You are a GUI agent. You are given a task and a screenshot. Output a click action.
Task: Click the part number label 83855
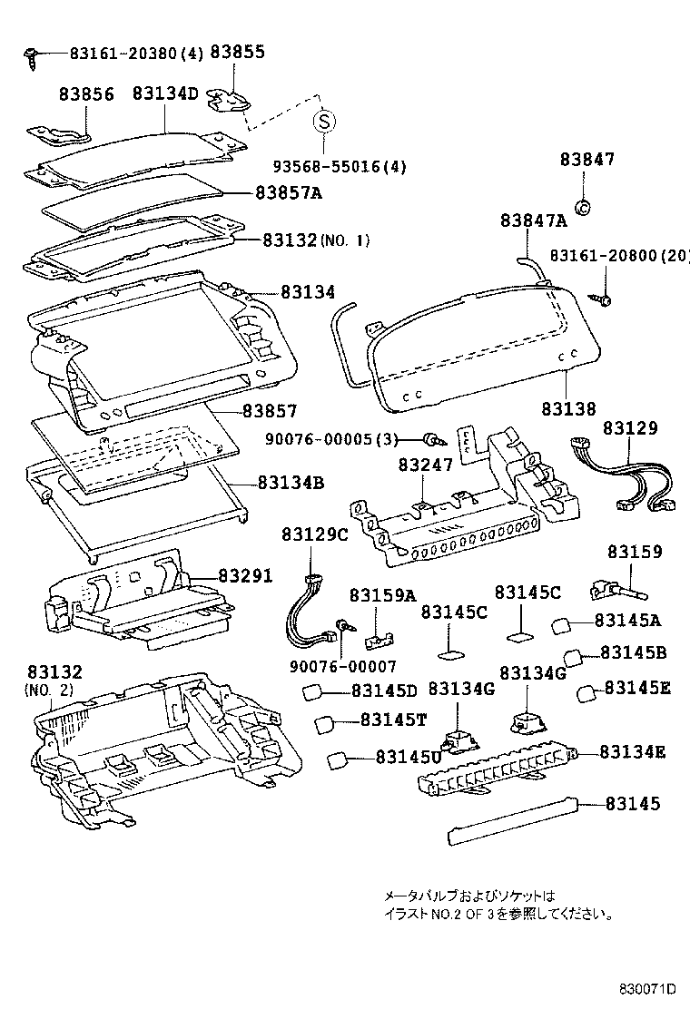238,52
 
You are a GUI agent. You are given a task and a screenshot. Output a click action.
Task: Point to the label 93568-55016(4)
340,166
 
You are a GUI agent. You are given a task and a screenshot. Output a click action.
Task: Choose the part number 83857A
289,192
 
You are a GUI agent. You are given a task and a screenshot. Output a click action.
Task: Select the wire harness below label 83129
626,475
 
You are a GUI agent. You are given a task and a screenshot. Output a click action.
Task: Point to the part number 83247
425,464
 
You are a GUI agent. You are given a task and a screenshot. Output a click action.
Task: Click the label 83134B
291,482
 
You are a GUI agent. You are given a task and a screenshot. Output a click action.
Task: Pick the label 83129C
314,534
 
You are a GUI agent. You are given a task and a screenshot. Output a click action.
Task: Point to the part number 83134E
634,751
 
